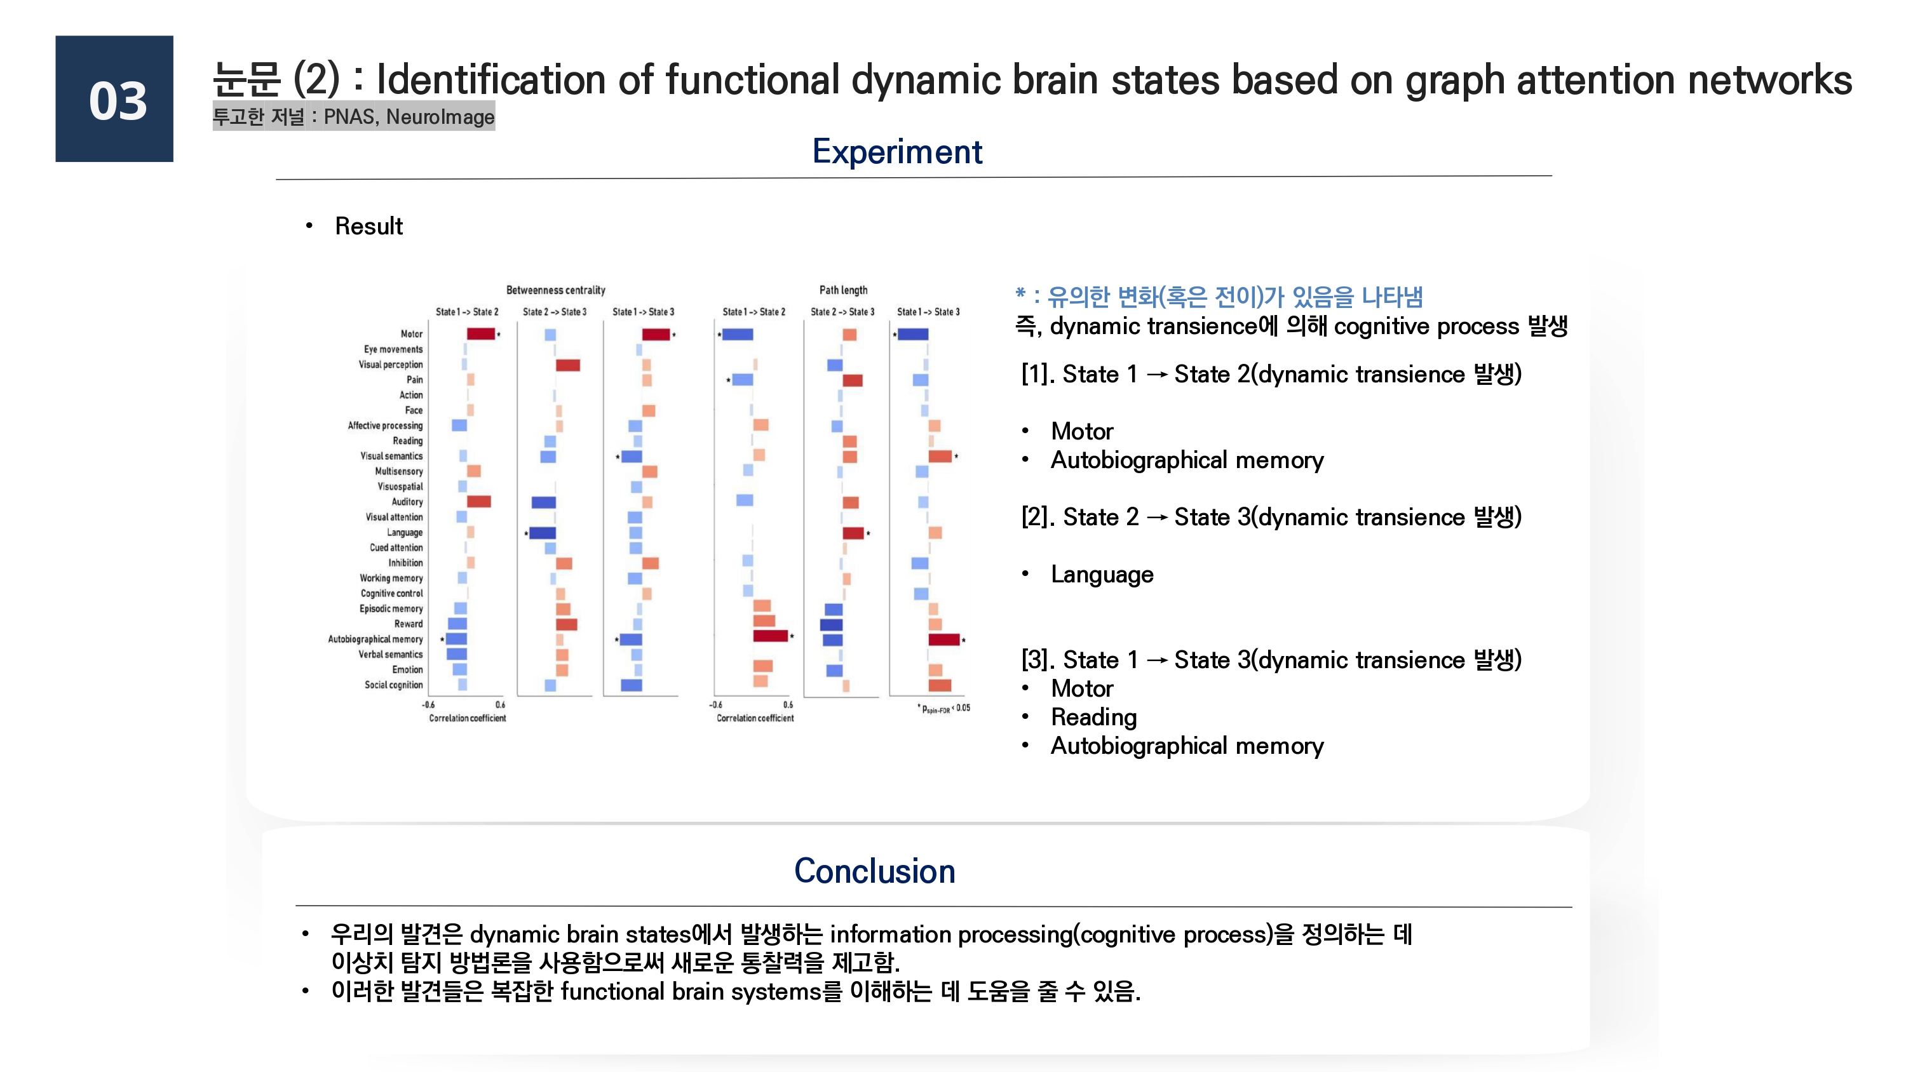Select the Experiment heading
click(896, 152)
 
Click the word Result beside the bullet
click(368, 226)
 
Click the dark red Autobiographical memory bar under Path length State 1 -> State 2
click(769, 636)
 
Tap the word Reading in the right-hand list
click(1093, 717)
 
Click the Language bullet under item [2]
click(1101, 574)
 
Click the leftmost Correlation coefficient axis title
click(467, 718)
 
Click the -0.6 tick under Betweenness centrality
click(428, 704)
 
